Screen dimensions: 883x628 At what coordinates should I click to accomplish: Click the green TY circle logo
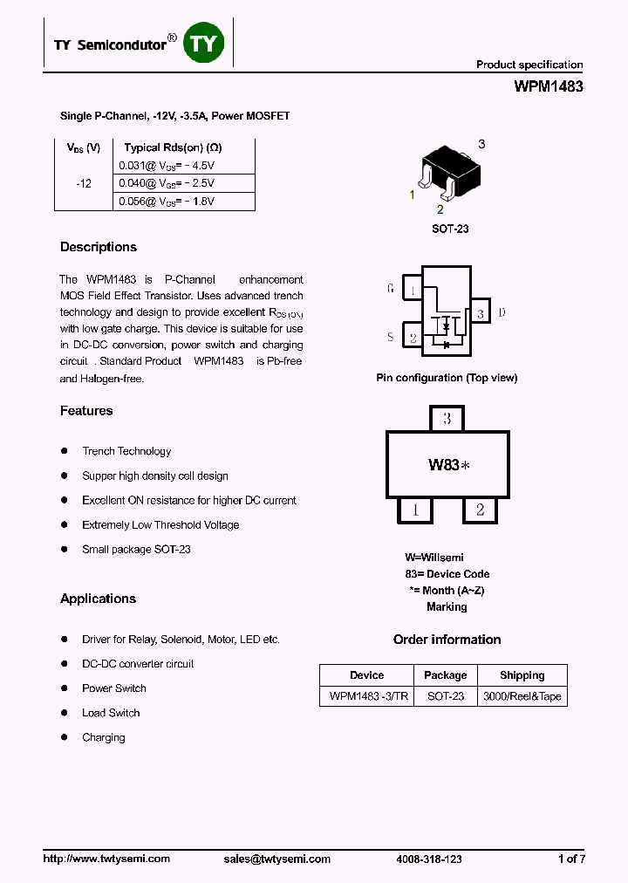[203, 44]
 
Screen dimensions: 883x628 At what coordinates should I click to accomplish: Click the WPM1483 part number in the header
[549, 86]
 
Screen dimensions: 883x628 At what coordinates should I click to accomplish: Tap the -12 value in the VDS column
[84, 183]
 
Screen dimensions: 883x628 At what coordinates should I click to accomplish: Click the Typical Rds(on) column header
[173, 147]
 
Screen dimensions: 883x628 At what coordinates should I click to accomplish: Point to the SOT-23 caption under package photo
[450, 229]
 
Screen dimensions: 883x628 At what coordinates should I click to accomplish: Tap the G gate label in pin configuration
[391, 288]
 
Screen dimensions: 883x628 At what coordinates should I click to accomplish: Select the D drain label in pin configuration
[502, 312]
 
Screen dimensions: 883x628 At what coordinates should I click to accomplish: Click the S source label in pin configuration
[391, 337]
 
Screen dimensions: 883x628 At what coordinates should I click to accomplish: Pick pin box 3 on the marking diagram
[447, 419]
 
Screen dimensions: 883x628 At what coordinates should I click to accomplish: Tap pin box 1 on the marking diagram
[416, 510]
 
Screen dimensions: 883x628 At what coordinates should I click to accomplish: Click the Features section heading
[86, 411]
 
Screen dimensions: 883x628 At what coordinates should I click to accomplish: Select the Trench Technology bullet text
[126, 451]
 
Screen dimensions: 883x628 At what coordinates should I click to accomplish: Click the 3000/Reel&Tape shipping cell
[522, 696]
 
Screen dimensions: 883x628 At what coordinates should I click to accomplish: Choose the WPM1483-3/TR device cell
[367, 696]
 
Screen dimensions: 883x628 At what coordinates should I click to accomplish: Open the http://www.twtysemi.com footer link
[106, 859]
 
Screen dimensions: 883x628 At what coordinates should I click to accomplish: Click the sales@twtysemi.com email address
[277, 859]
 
